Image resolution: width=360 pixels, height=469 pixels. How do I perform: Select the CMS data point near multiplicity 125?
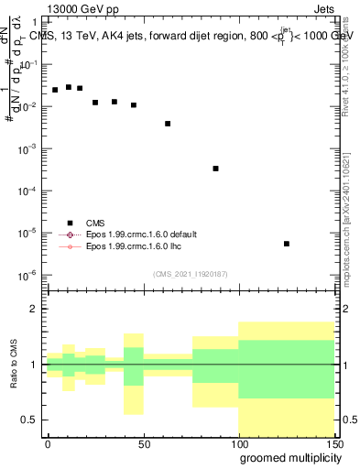coord(287,244)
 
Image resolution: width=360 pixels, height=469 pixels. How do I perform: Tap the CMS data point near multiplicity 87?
coord(215,169)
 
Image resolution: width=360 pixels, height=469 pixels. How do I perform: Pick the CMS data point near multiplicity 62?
coord(168,124)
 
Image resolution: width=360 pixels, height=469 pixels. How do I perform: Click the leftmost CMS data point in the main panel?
coord(55,90)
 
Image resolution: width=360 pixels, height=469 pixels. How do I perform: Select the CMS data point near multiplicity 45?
coord(134,105)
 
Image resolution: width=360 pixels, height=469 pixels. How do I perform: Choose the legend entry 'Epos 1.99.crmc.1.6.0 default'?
coord(140,234)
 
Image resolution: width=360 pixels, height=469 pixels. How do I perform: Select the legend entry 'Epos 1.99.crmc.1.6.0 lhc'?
coord(133,246)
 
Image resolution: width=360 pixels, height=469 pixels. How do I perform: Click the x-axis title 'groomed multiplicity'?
coord(285,457)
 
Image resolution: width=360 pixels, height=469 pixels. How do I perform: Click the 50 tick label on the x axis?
coord(143,442)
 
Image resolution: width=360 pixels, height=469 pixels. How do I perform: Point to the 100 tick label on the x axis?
coord(237,442)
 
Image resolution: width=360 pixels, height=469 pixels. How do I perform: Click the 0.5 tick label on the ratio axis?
coord(32,420)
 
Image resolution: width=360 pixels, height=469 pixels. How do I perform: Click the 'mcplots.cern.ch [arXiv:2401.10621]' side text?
coord(353,202)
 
